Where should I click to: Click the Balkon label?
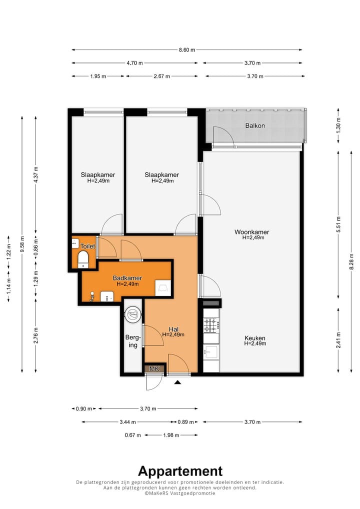pos(255,125)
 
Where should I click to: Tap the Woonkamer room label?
pos(252,232)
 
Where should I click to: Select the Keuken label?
pos(255,338)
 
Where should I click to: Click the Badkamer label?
pos(127,278)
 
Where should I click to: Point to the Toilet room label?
pos(87,246)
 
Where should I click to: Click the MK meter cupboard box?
pos(154,369)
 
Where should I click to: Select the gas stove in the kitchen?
pos(210,325)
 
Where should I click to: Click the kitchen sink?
pos(211,352)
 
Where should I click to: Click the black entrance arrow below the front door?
pos(177,382)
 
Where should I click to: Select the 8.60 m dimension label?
pos(187,50)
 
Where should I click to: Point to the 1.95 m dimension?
pos(98,76)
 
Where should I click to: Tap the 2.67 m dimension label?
pos(161,76)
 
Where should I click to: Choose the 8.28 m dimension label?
pos(351,261)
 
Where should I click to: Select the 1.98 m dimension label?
pos(171,435)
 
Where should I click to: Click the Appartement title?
pos(180,471)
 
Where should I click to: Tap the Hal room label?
pos(173,329)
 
